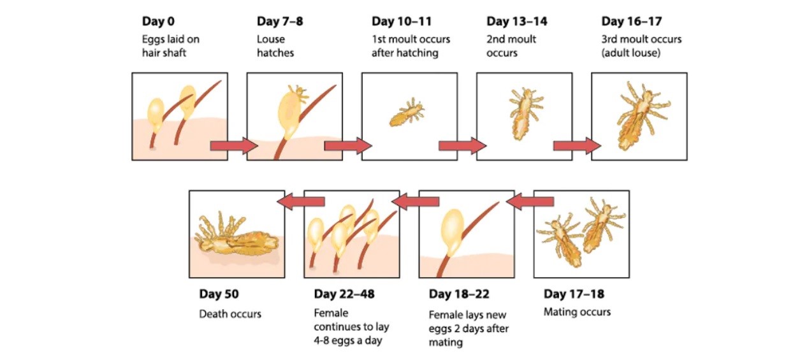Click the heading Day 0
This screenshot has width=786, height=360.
tap(158, 22)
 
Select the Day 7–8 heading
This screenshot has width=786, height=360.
tap(280, 22)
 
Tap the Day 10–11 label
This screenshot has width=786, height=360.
tap(402, 22)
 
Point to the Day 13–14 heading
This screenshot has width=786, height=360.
tap(516, 22)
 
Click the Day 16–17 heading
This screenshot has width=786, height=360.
tap(632, 22)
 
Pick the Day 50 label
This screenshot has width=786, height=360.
tap(219, 294)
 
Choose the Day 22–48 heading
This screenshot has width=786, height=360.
tap(344, 294)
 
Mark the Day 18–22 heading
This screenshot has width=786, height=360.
tap(459, 294)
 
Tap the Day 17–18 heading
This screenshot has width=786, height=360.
tap(574, 294)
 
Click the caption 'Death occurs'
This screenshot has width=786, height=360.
tap(230, 313)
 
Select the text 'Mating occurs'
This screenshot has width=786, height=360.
tap(577, 312)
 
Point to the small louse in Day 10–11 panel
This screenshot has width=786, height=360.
tap(407, 112)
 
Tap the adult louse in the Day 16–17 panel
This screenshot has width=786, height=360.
tap(642, 115)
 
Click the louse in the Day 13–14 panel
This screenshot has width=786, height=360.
tap(525, 113)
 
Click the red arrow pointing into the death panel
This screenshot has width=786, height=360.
tap(301, 201)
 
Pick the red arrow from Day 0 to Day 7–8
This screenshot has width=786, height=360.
tap(234, 146)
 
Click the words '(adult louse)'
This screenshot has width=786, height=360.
tap(631, 53)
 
